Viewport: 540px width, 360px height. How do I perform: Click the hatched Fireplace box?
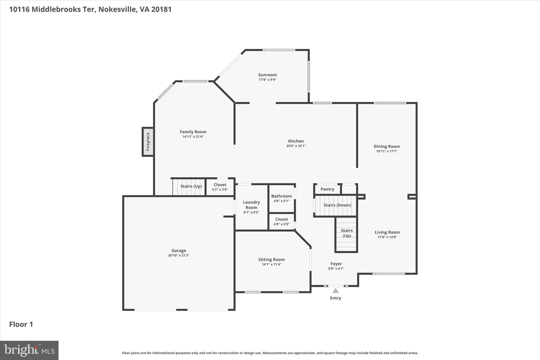tap(148, 142)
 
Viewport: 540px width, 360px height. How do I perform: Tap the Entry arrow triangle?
tap(335, 291)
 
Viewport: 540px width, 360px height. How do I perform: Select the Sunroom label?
tap(267, 75)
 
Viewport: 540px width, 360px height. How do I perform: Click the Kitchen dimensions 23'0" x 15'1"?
tap(296, 146)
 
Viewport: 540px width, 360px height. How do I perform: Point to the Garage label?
tap(179, 251)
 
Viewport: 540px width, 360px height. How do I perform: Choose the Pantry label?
tap(327, 189)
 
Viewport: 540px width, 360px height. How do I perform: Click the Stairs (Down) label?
tap(337, 205)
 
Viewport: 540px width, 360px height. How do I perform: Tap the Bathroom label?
tap(281, 196)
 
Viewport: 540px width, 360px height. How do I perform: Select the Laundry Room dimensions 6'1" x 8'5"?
tap(251, 212)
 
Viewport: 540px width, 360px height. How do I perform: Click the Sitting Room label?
tap(271, 260)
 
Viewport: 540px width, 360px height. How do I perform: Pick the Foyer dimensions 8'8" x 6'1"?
tap(336, 268)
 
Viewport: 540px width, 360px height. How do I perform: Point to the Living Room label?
tap(387, 232)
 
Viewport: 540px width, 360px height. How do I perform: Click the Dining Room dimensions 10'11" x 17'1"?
tap(387, 151)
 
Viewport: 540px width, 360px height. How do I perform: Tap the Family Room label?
tap(193, 132)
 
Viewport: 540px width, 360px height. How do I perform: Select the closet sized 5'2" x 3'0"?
tap(220, 187)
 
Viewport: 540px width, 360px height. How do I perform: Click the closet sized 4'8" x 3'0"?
tap(281, 222)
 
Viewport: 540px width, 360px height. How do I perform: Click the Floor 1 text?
tap(21, 324)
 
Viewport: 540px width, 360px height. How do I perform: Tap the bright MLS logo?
tap(29, 350)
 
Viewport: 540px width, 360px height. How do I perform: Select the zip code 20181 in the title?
tap(161, 9)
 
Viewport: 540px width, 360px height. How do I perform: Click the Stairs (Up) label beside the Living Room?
tap(346, 233)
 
